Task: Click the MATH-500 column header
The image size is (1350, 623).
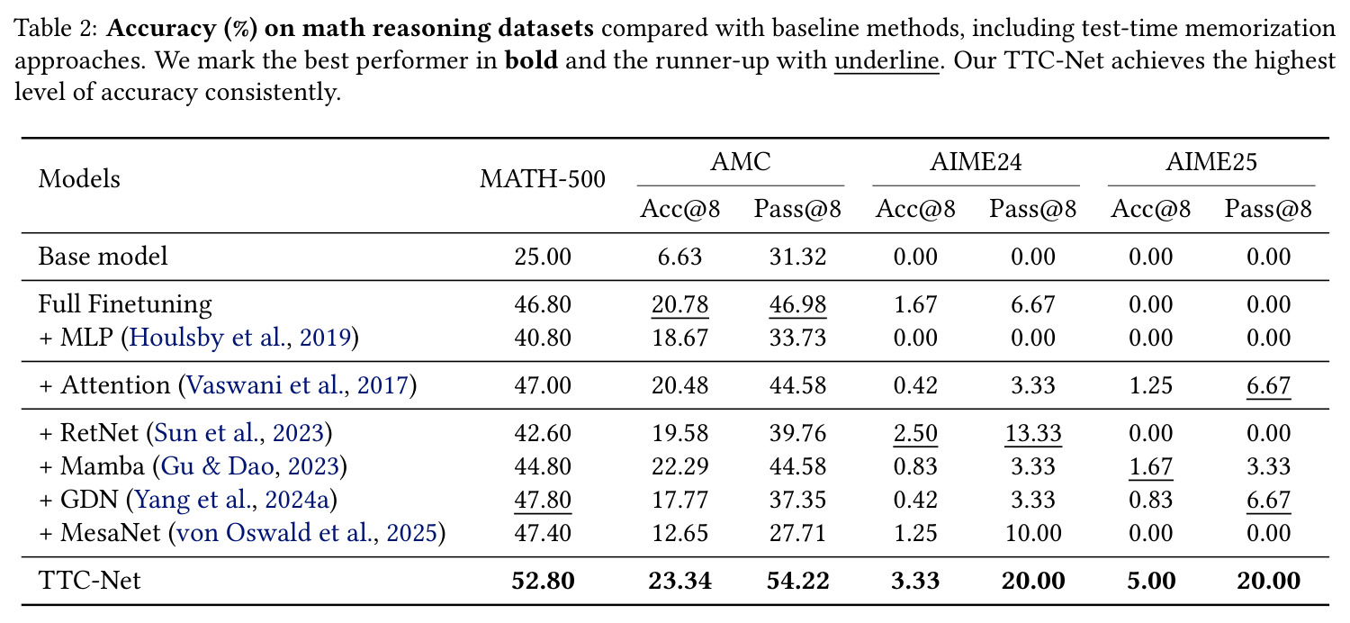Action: (543, 179)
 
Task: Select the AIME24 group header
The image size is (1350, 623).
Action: (976, 162)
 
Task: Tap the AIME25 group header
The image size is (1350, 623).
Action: (1211, 162)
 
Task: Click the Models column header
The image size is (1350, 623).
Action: (79, 179)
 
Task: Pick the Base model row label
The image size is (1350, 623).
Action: (103, 257)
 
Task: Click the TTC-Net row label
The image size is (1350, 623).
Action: (89, 580)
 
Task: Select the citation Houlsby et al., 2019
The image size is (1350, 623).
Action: (240, 337)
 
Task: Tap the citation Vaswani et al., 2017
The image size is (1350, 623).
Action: (298, 384)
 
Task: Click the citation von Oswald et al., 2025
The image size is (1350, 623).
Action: (307, 533)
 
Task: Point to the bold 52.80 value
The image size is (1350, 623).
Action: (543, 580)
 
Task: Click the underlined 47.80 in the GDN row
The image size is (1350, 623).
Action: (543, 500)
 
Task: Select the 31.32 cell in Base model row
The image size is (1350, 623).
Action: (797, 257)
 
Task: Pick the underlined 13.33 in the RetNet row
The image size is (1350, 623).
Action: (1033, 433)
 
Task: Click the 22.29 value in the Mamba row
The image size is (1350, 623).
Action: (679, 466)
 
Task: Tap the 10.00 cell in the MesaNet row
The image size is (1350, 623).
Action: (1033, 533)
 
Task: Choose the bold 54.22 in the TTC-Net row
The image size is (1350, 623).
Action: (797, 580)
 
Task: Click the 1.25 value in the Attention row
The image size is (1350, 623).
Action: (1150, 384)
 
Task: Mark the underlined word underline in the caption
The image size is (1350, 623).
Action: (886, 61)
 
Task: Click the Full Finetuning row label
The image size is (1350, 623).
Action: (125, 304)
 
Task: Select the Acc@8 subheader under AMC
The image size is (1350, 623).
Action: (679, 209)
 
